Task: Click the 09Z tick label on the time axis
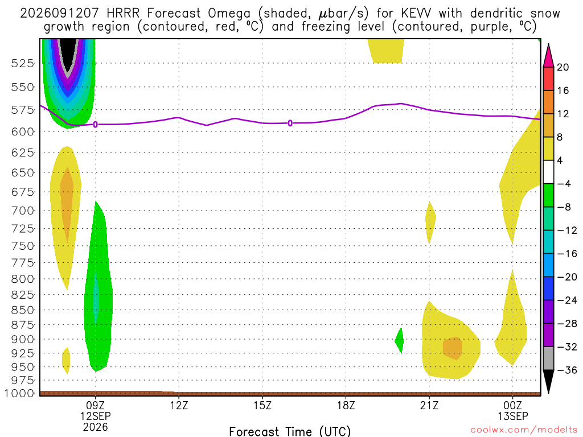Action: pyautogui.click(x=95, y=405)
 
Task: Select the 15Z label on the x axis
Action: pyautogui.click(x=262, y=405)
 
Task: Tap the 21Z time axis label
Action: pyautogui.click(x=429, y=405)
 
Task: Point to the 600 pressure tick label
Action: pyautogui.click(x=23, y=132)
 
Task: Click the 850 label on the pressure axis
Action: pyautogui.click(x=23, y=310)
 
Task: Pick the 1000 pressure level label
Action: pyautogui.click(x=19, y=393)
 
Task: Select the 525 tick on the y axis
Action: pyautogui.click(x=23, y=63)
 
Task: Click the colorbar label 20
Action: pyautogui.click(x=563, y=67)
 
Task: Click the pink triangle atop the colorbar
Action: pyautogui.click(x=548, y=56)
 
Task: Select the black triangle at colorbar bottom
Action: pyautogui.click(x=548, y=381)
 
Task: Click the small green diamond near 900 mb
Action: pyautogui.click(x=399, y=340)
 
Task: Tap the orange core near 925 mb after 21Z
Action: pyautogui.click(x=453, y=348)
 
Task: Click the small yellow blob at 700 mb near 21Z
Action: pyautogui.click(x=430, y=222)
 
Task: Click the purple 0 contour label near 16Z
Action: pyautogui.click(x=290, y=123)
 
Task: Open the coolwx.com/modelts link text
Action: pyautogui.click(x=524, y=430)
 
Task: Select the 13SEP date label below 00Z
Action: pyautogui.click(x=513, y=416)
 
